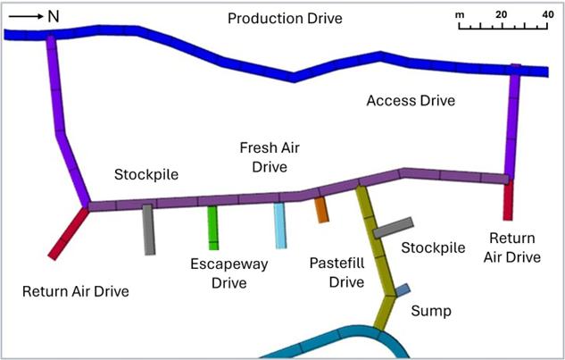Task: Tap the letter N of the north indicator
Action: [53, 15]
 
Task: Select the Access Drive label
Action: [411, 101]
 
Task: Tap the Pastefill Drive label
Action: [337, 272]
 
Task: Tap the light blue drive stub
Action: [279, 224]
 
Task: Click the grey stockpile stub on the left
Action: [149, 230]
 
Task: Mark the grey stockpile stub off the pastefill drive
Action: [393, 228]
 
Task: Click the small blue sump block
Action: [403, 289]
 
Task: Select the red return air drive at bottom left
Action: [69, 232]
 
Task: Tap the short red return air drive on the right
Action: [508, 199]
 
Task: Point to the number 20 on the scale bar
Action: [503, 15]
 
